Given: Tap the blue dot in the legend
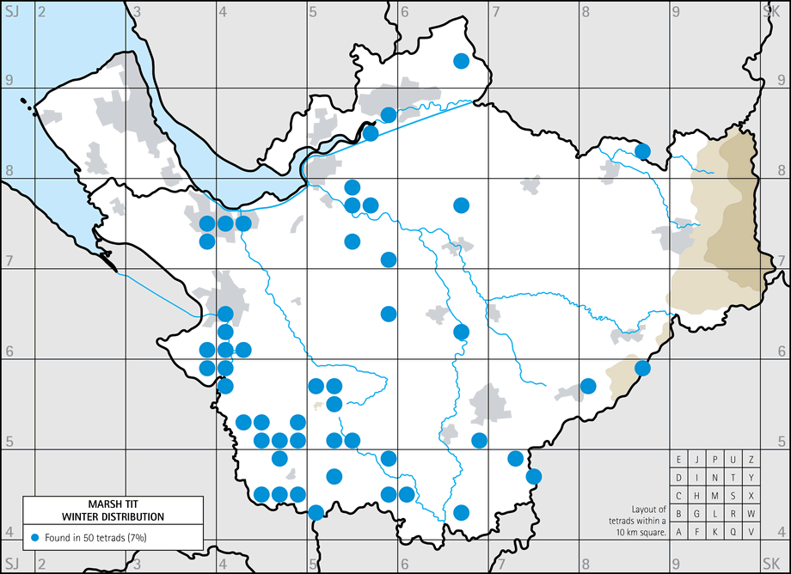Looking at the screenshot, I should [x=34, y=537].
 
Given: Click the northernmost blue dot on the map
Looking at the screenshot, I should [x=461, y=60].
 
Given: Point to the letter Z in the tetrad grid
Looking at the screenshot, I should [x=751, y=459].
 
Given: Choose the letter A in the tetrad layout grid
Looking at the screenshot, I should [x=679, y=531].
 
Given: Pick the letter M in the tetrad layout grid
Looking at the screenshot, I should [x=715, y=495].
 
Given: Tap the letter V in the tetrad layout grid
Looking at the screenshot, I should [x=751, y=531].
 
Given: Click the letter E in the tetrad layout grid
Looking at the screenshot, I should [x=679, y=459].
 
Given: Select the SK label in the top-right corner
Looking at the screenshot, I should [x=770, y=11].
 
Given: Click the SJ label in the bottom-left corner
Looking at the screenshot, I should [x=11, y=565].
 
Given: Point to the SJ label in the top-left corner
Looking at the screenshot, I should [x=11, y=11].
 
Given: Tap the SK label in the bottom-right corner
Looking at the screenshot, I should [x=770, y=565].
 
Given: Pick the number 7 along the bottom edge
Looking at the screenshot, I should [x=500, y=565].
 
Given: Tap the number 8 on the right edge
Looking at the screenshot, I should [x=782, y=170].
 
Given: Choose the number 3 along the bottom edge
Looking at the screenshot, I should [x=138, y=565].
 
